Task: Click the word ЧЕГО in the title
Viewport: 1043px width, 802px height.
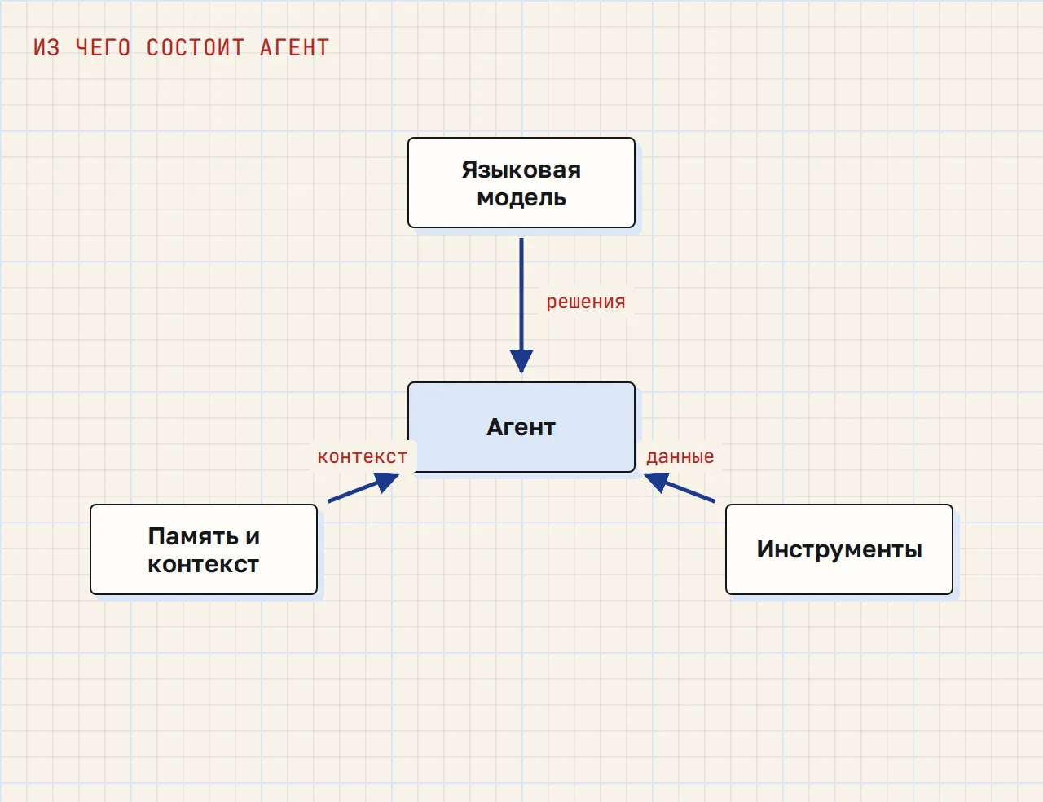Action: point(103,48)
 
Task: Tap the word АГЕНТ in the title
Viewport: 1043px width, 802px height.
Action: point(295,48)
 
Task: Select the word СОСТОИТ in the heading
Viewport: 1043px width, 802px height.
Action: point(196,48)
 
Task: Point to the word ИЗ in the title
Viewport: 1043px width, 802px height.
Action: point(46,48)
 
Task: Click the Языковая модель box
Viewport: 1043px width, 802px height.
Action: point(521,183)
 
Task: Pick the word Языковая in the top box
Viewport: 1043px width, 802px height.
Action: point(521,170)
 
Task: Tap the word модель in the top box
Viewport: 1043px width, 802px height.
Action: point(521,198)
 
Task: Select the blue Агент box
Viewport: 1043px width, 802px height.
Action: point(521,427)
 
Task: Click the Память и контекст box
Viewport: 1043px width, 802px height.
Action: point(204,549)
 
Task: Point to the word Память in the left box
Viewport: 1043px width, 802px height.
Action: point(193,536)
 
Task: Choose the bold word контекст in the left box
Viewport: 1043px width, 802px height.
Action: point(204,565)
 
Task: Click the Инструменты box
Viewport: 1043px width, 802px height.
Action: point(839,549)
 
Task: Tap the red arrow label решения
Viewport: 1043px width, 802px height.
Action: point(586,302)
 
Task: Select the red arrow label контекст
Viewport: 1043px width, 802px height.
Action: point(363,456)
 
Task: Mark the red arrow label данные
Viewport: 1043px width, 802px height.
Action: point(680,456)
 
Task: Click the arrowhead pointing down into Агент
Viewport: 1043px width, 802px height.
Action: point(521,361)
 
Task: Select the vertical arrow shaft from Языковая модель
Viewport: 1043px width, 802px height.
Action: point(521,294)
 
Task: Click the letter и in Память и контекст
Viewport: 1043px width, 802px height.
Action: point(253,537)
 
